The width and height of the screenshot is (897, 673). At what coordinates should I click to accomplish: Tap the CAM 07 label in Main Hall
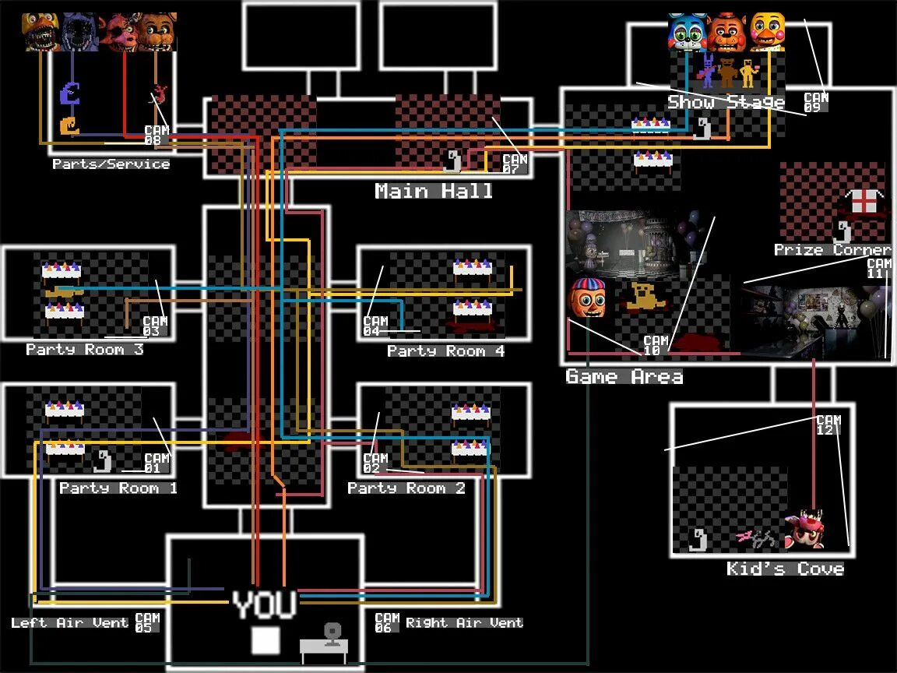pyautogui.click(x=515, y=163)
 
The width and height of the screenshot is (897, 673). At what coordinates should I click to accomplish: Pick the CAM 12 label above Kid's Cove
pyautogui.click(x=828, y=425)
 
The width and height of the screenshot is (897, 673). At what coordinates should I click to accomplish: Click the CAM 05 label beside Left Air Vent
pyautogui.click(x=147, y=622)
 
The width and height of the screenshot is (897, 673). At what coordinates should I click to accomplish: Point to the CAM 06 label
pyautogui.click(x=387, y=622)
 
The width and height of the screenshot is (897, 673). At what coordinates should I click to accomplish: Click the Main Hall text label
pyautogui.click(x=434, y=191)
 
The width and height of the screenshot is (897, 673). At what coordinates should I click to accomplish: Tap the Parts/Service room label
pyautogui.click(x=111, y=164)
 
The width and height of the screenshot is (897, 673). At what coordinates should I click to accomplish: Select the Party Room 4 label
pyautogui.click(x=446, y=351)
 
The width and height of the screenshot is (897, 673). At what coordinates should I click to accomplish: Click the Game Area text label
pyautogui.click(x=624, y=377)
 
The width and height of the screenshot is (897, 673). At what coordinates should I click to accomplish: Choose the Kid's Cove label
pyautogui.click(x=785, y=569)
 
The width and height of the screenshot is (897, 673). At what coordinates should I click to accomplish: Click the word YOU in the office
pyautogui.click(x=265, y=605)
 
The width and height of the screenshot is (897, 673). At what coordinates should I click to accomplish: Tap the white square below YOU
pyautogui.click(x=265, y=640)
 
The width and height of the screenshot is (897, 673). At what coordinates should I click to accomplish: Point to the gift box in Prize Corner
pyautogui.click(x=863, y=201)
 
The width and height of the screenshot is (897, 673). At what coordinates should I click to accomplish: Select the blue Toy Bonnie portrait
pyautogui.click(x=687, y=33)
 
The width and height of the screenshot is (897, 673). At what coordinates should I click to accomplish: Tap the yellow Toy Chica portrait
pyautogui.click(x=767, y=32)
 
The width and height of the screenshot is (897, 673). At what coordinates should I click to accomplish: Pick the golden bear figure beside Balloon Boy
pyautogui.click(x=645, y=298)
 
